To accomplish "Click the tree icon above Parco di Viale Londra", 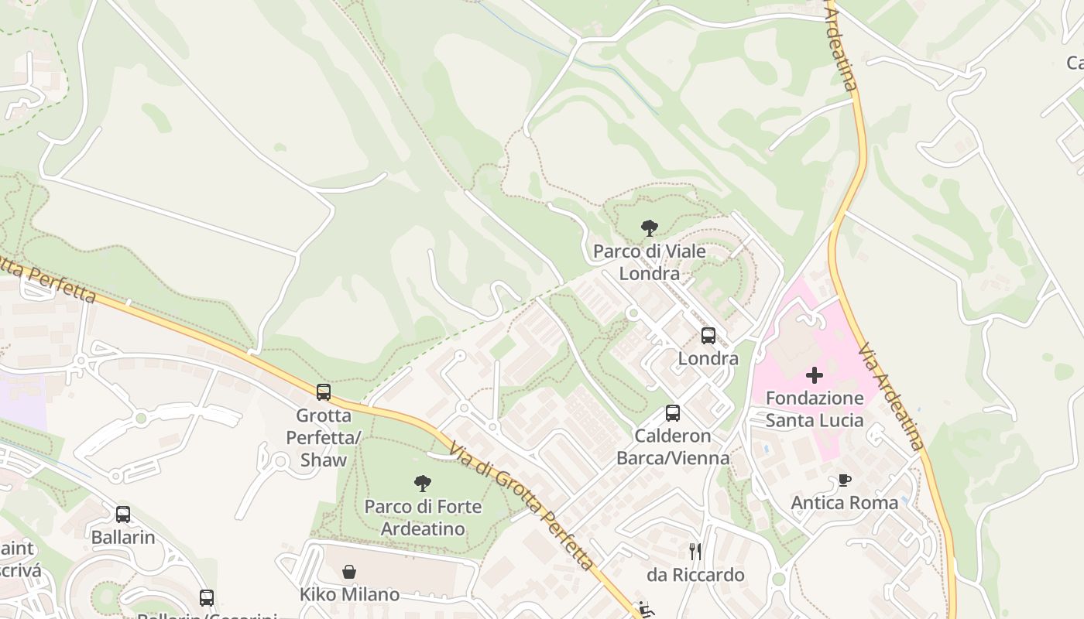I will (x=650, y=228).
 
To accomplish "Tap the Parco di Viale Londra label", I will (x=650, y=262).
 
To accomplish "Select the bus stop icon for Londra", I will (x=708, y=336).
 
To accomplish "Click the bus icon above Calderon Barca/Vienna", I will (x=673, y=413).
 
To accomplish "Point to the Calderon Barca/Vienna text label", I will (x=673, y=447).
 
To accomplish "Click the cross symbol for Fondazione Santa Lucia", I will (x=814, y=375).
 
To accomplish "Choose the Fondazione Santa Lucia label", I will (x=814, y=409).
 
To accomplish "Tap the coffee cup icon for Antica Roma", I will (x=844, y=480).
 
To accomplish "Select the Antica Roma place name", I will (x=844, y=503).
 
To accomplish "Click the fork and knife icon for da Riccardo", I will (x=695, y=552).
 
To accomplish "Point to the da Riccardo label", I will (x=695, y=575).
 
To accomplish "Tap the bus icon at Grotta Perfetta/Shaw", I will (x=324, y=392).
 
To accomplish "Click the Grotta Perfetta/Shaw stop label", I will (x=324, y=437).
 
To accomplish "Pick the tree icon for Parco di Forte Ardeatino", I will (x=423, y=484).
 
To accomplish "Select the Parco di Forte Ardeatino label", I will (x=423, y=518).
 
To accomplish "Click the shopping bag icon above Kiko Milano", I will (x=349, y=572).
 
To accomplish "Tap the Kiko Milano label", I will (x=349, y=595).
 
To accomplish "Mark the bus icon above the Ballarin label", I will (x=123, y=514).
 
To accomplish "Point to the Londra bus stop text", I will (x=708, y=359).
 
